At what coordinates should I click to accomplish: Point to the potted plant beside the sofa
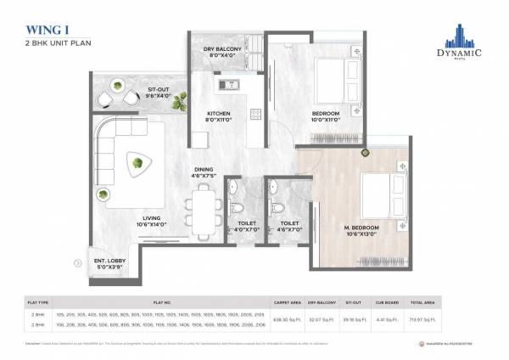(103, 195)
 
